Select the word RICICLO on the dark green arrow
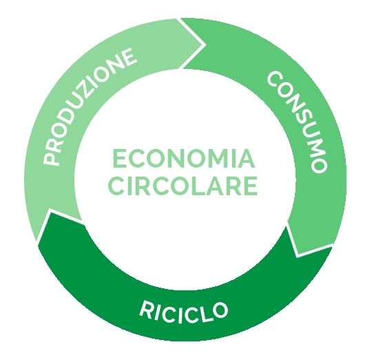183,312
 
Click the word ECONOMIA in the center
184,159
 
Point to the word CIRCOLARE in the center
183,186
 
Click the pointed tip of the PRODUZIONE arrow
205,44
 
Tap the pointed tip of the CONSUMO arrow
297,257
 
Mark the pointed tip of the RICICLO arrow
50,210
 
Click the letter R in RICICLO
146,308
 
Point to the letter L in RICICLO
203,315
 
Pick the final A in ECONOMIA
247,159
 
